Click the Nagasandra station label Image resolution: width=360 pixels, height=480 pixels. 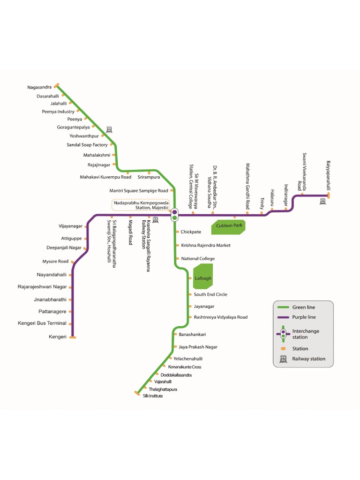tap(39, 87)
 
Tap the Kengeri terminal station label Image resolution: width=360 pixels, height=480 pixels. tap(58, 337)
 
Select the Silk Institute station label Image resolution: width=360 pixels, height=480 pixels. tap(153, 396)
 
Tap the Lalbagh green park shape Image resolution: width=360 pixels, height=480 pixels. tap(203, 277)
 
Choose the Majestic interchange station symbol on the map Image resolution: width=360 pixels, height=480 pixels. tap(174, 214)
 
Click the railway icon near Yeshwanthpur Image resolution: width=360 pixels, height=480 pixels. tap(109, 129)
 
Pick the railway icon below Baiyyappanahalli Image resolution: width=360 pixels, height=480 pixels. tap(322, 202)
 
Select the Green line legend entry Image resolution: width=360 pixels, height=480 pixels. tap(303, 307)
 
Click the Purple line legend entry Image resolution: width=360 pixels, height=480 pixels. tap(304, 317)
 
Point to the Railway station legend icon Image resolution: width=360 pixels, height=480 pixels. tap(283, 359)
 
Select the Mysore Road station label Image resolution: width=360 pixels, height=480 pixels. tap(55, 262)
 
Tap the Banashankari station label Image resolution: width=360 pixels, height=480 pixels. tap(192, 334)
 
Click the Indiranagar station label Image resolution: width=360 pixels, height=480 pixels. tap(285, 195)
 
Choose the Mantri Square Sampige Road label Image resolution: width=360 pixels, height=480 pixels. tap(138, 191)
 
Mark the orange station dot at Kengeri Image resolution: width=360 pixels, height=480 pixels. tap(73, 337)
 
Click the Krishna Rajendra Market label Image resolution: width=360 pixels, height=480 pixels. tap(206, 245)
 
